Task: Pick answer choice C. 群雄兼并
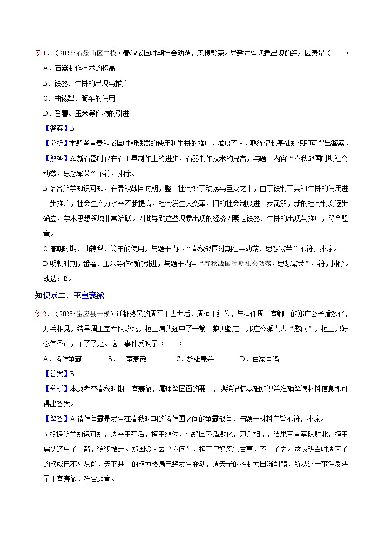195,359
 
